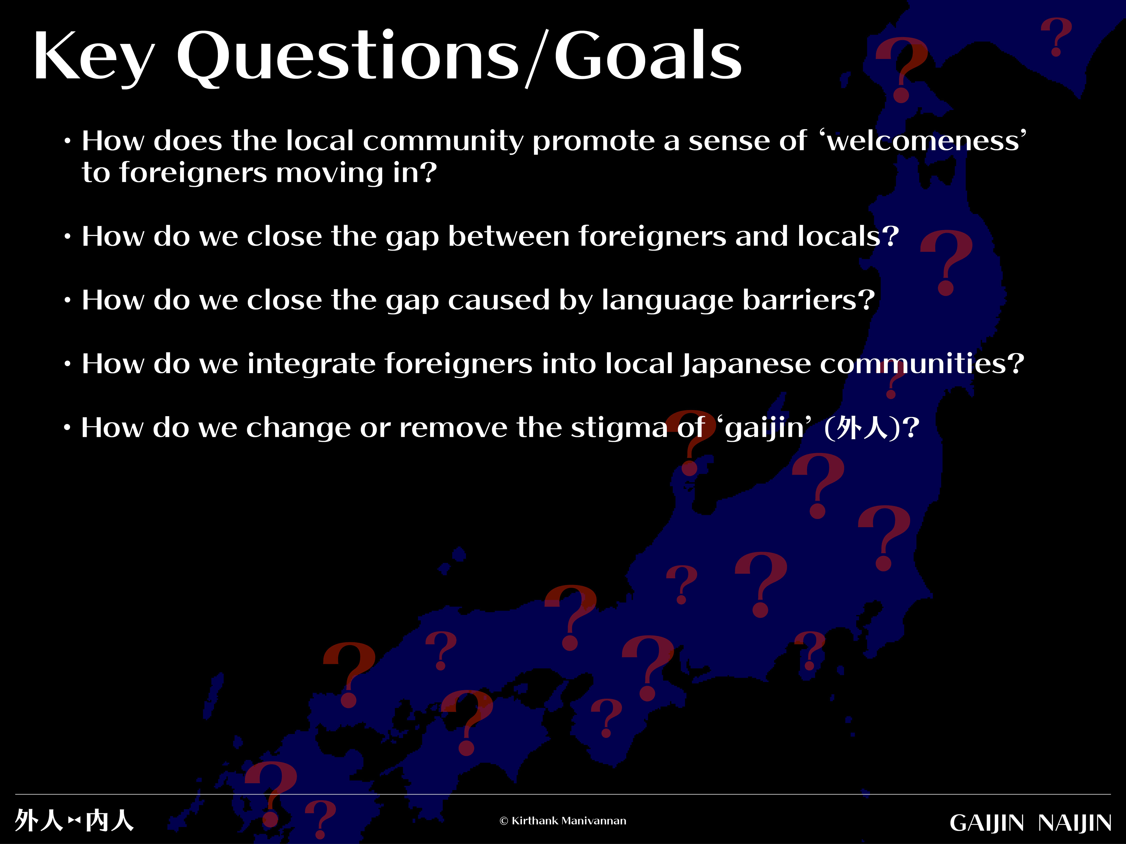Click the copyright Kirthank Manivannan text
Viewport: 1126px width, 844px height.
(563, 821)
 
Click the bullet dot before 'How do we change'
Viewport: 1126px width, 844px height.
(67, 428)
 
